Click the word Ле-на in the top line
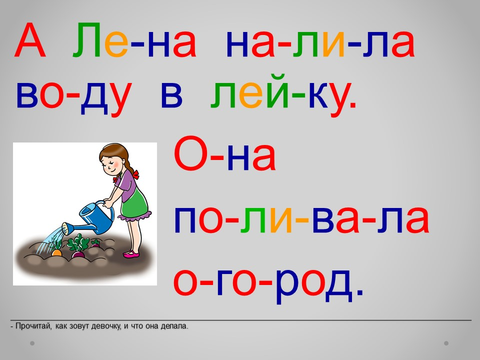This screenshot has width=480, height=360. tap(134, 40)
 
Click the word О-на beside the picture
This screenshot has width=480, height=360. tap(225, 154)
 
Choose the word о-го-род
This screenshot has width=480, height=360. tap(268, 282)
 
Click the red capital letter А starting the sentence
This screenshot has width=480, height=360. tap(30, 40)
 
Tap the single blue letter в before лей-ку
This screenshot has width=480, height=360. tap(171, 95)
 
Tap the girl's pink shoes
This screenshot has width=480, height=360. tap(131, 254)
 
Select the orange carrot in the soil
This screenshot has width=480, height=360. tap(56, 252)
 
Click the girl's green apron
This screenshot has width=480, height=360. tap(134, 203)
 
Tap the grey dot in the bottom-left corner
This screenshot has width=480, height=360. tap(32, 343)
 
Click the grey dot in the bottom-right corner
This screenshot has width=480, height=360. tap(446, 343)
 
